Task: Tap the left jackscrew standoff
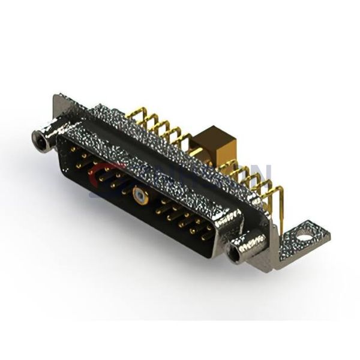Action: coord(47,137)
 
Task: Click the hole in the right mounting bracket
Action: coord(305,237)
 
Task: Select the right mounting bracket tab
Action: coord(303,238)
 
